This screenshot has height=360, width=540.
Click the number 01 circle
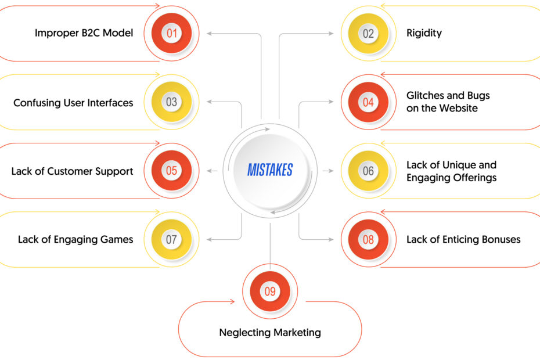pyautogui.click(x=171, y=33)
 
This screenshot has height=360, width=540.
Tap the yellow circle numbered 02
pyautogui.click(x=368, y=34)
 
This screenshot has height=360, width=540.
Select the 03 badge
pyautogui.click(x=171, y=102)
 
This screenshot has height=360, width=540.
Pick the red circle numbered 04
pyautogui.click(x=368, y=102)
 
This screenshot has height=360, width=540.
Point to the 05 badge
pyautogui.click(x=171, y=171)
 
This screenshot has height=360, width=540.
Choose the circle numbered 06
pyautogui.click(x=368, y=171)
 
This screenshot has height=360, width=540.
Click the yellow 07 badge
pyautogui.click(x=171, y=239)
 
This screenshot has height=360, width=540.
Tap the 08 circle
pyautogui.click(x=368, y=239)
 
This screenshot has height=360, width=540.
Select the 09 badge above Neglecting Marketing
pyautogui.click(x=270, y=291)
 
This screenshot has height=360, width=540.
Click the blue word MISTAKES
pyautogui.click(x=270, y=170)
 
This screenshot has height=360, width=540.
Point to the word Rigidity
pyautogui.click(x=424, y=33)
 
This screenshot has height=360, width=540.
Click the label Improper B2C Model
pyautogui.click(x=84, y=33)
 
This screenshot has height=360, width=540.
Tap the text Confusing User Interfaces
pyautogui.click(x=73, y=103)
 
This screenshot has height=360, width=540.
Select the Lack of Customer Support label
pyautogui.click(x=72, y=171)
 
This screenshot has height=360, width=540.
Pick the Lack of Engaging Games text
pyautogui.click(x=75, y=239)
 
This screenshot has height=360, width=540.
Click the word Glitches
pyautogui.click(x=424, y=95)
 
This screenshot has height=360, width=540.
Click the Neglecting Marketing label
pyautogui.click(x=270, y=333)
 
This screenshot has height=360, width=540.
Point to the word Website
pyautogui.click(x=460, y=108)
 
